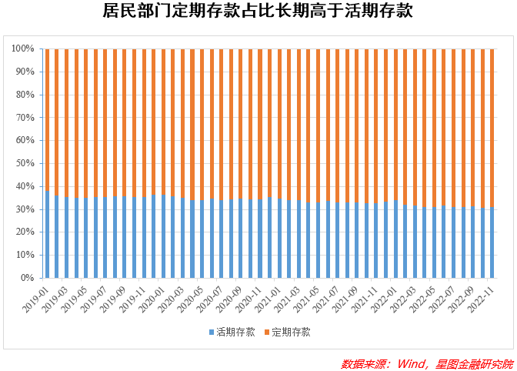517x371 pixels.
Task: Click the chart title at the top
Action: pyautogui.click(x=258, y=12)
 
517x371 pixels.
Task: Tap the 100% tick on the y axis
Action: pyautogui.click(x=22, y=48)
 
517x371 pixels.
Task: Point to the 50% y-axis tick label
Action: pyautogui.click(x=25, y=163)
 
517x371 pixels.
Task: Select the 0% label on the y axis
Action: pyautogui.click(x=28, y=278)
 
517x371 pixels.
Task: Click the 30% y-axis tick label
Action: pyautogui.click(x=25, y=209)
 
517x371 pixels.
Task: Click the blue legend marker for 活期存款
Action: pyautogui.click(x=211, y=333)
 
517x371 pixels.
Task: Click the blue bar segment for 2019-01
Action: pyautogui.click(x=47, y=234)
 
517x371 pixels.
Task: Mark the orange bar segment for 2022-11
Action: pyautogui.click(x=492, y=128)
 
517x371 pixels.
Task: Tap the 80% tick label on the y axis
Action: pyautogui.click(x=25, y=95)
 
